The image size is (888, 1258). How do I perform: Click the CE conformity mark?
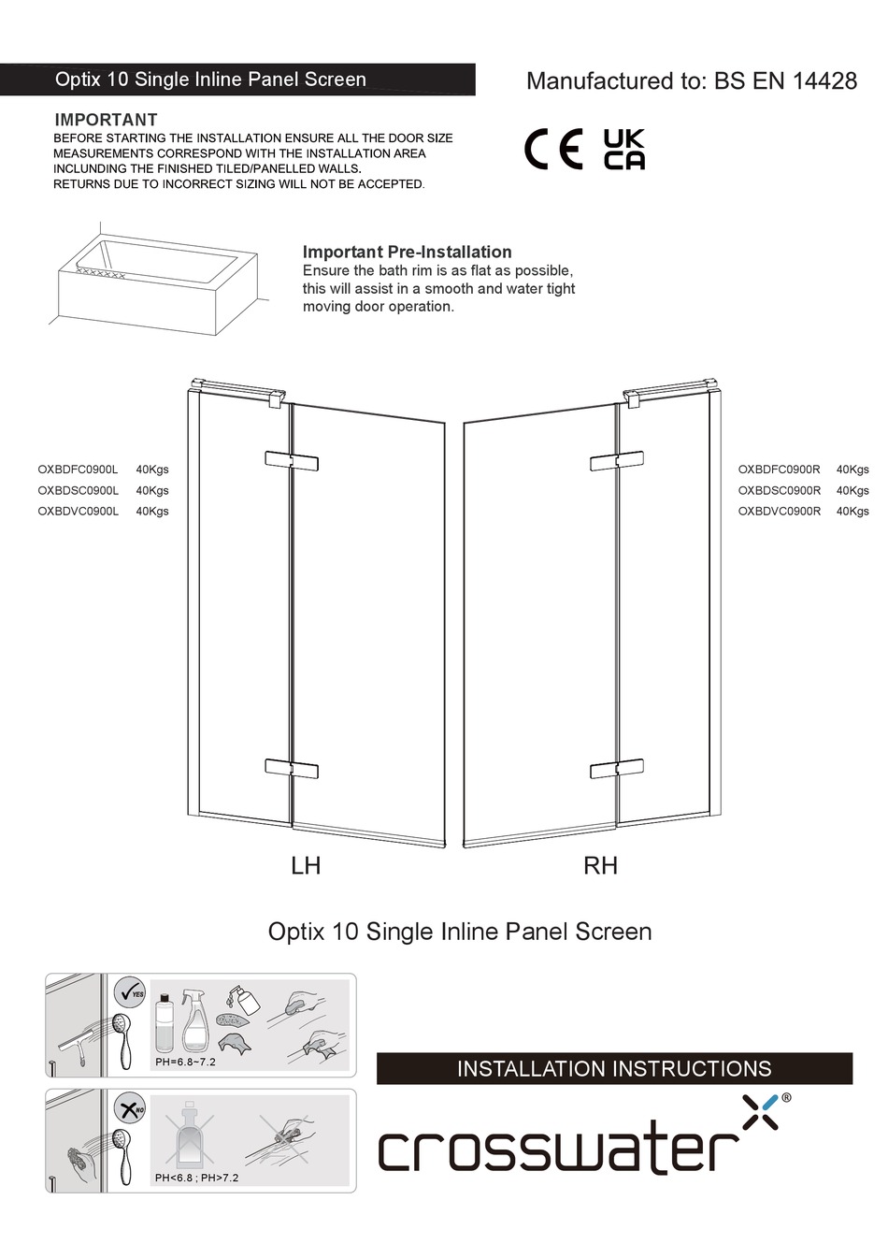(552, 150)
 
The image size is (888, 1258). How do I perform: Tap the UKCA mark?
(623, 150)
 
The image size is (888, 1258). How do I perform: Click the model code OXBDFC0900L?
(78, 470)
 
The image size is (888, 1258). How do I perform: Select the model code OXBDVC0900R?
(779, 512)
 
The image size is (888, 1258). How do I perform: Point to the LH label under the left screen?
(306, 866)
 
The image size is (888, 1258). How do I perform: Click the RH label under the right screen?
(600, 866)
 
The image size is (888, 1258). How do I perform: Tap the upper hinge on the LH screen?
(292, 461)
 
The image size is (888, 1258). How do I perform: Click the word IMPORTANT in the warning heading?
(106, 120)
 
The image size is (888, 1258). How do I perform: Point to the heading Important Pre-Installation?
(407, 252)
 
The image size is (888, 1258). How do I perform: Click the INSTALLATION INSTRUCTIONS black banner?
(614, 1069)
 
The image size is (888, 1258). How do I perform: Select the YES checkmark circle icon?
(130, 992)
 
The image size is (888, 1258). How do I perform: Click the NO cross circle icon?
(130, 1109)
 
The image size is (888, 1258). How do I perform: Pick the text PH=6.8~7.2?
(185, 1063)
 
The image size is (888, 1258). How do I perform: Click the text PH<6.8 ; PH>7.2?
(196, 1178)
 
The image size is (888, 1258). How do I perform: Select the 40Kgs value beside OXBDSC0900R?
(852, 491)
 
